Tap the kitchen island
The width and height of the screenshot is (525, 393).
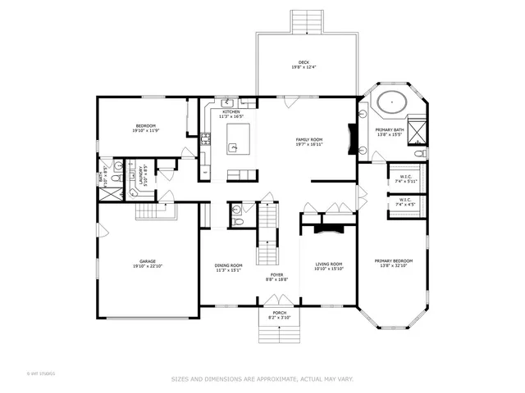pos(234,140)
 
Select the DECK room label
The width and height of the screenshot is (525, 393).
pos(304,64)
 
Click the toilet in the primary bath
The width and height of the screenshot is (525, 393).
pos(420,153)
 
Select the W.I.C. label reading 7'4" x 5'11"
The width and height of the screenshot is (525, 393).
pos(405,178)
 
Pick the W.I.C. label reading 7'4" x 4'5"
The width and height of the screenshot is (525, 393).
pos(405,201)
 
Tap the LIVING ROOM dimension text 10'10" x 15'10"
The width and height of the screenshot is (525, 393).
pos(328,268)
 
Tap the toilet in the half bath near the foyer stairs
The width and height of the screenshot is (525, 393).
pos(237,220)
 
